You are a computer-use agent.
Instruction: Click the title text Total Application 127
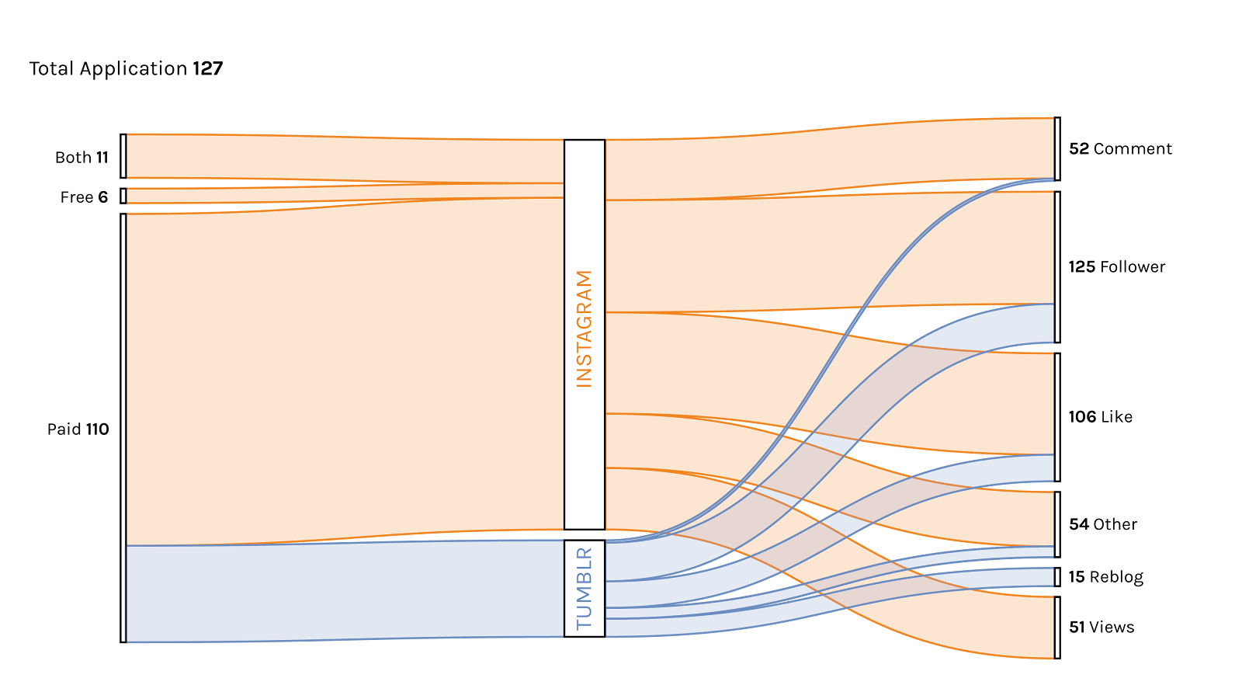coord(127,68)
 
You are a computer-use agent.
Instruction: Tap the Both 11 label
coord(81,157)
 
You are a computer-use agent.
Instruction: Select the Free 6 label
coord(84,197)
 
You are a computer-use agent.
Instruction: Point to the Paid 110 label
coord(78,429)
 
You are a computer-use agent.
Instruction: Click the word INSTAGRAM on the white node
coord(584,328)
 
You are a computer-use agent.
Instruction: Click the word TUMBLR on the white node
coord(584,588)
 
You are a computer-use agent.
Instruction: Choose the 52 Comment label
coord(1120,149)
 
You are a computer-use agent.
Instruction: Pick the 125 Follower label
coord(1117,267)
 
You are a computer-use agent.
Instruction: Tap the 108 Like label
coord(1100,417)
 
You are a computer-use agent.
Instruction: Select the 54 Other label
coord(1102,524)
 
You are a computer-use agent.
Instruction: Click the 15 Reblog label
coord(1105,576)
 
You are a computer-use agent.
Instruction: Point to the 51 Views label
coord(1101,627)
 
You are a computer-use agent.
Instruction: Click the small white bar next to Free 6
coord(123,196)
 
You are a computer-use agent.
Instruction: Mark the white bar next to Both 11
coord(123,156)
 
